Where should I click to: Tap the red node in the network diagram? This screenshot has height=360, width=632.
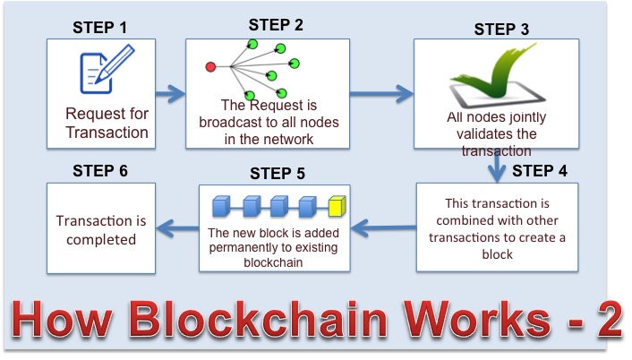coord(211,66)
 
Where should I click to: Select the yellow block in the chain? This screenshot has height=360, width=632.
coord(337,208)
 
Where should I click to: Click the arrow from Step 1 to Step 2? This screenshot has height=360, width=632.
coord(169,91)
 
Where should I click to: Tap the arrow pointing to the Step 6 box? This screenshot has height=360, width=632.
coord(176,226)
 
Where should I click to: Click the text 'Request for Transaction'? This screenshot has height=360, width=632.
coord(107,124)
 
